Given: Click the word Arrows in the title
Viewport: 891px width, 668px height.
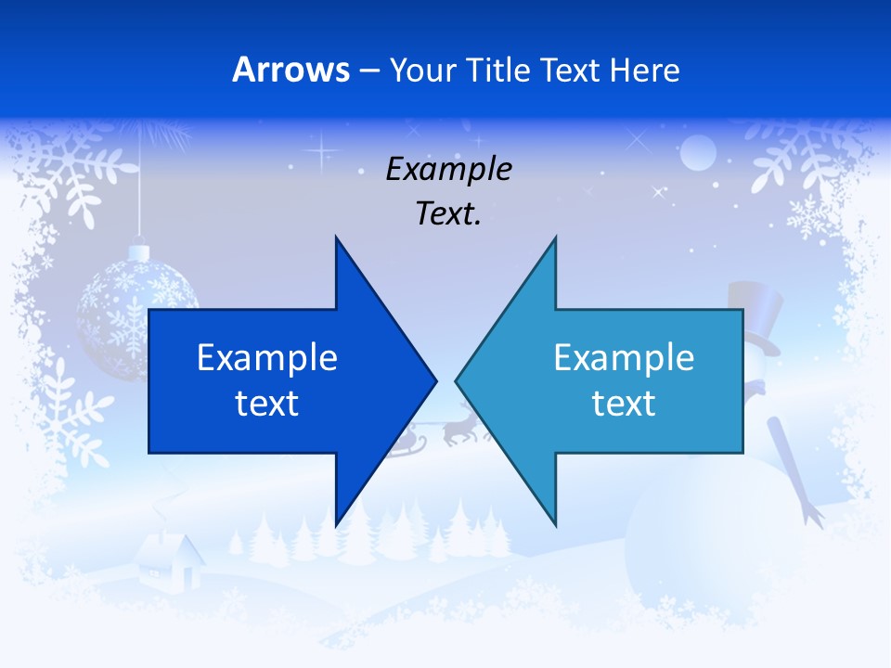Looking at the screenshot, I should [291, 70].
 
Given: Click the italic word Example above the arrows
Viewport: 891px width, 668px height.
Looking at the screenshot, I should [449, 169].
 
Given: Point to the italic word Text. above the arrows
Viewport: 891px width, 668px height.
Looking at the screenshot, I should [449, 213].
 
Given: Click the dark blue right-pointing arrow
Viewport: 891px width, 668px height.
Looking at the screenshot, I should [278, 380].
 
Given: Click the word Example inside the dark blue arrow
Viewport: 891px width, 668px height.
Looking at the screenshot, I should [267, 357].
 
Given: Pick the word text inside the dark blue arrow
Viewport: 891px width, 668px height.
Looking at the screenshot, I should [267, 404].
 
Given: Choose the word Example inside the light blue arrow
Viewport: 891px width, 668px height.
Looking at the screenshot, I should [624, 357].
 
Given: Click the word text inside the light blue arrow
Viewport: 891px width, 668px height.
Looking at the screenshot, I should [624, 404].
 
